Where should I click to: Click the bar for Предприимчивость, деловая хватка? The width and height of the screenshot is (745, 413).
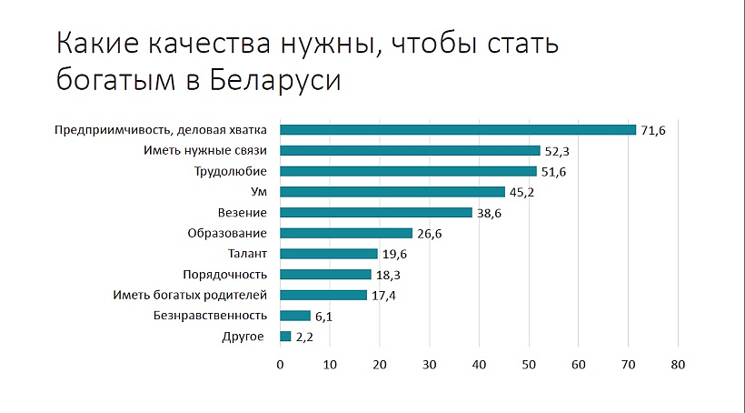point(458,130)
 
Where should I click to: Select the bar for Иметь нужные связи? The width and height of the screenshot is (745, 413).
point(410,151)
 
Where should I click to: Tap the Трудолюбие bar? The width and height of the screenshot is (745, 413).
point(408,171)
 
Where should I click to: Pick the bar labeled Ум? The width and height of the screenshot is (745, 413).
point(392,192)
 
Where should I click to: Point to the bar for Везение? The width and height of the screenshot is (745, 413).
point(375,212)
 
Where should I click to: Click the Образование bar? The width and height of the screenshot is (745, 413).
point(346,233)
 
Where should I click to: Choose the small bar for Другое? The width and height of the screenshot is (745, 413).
point(285,337)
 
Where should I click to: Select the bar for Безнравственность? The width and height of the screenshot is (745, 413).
point(295,316)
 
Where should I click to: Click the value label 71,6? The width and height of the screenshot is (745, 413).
point(653,131)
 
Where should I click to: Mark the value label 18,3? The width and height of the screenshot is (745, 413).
point(390,275)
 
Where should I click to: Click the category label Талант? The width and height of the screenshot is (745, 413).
point(248,254)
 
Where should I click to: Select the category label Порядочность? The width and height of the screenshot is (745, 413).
point(224,275)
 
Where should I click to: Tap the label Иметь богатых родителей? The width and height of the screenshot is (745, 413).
point(189,295)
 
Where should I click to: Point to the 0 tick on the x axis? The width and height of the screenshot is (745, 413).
point(280,365)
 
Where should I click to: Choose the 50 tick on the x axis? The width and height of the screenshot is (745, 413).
point(528,365)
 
